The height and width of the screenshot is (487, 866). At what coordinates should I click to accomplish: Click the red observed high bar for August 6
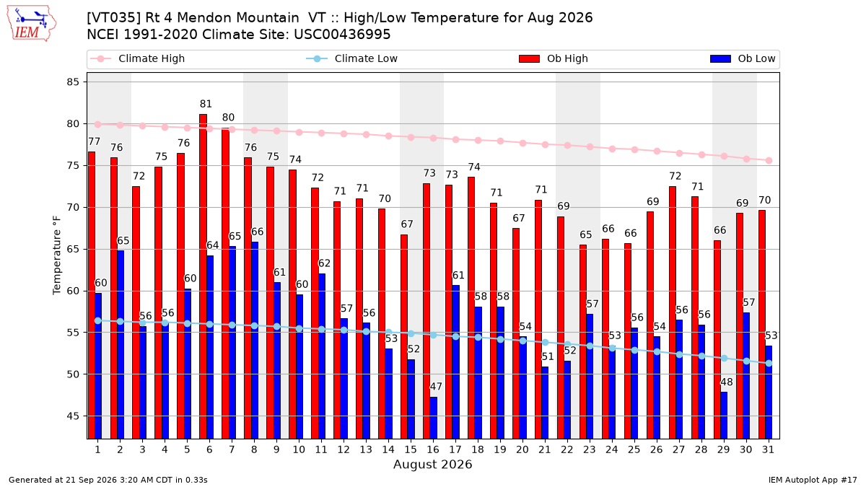203,276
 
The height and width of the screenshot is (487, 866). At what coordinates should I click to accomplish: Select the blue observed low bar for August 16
434,418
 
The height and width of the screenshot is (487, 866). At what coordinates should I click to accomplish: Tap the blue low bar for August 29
724,416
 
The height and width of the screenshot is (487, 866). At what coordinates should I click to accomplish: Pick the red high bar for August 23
583,342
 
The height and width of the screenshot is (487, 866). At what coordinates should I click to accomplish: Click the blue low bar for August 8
255,341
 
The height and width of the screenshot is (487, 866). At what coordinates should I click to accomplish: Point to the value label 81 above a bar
206,104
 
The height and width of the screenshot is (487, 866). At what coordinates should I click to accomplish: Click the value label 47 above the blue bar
436,387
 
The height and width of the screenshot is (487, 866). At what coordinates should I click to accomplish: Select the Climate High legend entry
137,58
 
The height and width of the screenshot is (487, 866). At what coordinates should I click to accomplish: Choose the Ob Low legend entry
743,58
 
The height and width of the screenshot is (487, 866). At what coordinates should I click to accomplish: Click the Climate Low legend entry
352,58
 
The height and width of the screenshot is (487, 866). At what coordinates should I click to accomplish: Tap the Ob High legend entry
554,58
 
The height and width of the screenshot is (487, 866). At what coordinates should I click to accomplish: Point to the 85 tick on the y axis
73,82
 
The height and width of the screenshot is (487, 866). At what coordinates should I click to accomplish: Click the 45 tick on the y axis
73,416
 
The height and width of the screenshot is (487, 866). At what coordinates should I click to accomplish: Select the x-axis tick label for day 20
522,449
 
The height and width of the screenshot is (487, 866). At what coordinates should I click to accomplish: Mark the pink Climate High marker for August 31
769,160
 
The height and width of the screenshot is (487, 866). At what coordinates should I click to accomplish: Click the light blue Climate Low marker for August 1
98,321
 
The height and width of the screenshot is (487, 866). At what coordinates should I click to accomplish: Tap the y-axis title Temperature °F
57,255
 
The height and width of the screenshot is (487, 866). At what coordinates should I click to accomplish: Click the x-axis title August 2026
432,464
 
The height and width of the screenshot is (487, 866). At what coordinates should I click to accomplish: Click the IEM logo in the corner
32,24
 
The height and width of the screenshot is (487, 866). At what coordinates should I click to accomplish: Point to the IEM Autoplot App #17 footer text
813,480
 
